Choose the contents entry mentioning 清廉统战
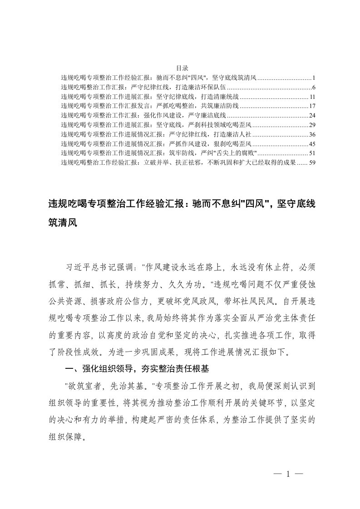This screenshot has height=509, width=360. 149,97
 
